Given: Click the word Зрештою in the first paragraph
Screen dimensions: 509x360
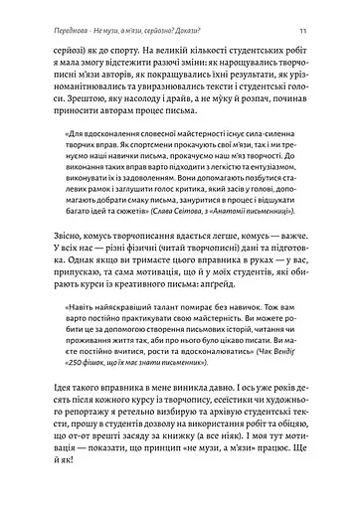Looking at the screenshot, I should tap(61, 100).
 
